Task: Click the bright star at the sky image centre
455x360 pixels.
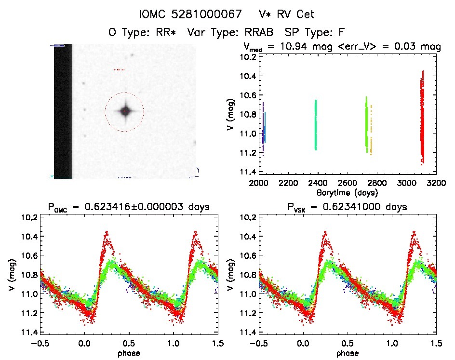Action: pyautogui.click(x=125, y=111)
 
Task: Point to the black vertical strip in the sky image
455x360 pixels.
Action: pyautogui.click(x=63, y=111)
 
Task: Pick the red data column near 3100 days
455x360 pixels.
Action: pyautogui.click(x=422, y=116)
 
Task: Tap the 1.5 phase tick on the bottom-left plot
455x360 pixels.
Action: pyautogui.click(x=217, y=345)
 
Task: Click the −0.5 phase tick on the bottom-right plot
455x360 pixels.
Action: pyautogui.click(x=259, y=345)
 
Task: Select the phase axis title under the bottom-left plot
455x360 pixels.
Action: pyautogui.click(x=128, y=353)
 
